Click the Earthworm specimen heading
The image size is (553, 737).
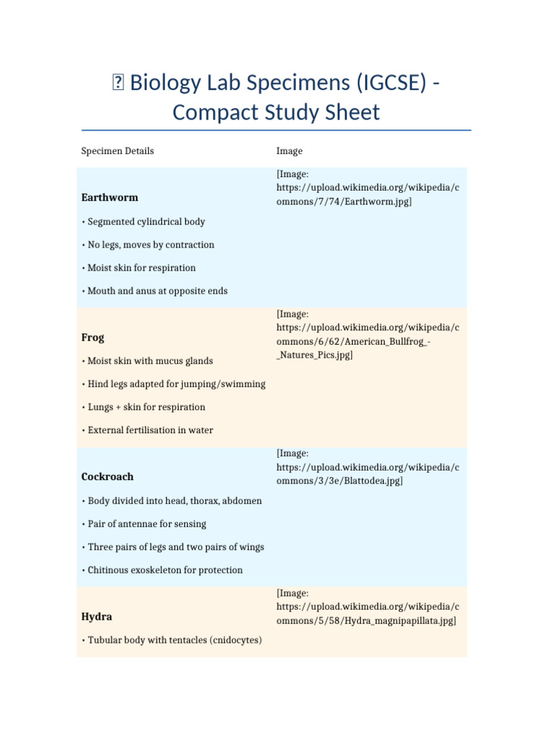click(109, 197)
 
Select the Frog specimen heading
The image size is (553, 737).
click(93, 338)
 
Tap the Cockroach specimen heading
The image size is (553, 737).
click(107, 476)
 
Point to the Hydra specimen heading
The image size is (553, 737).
click(96, 617)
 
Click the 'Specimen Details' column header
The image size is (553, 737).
click(117, 151)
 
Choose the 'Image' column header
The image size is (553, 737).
click(289, 151)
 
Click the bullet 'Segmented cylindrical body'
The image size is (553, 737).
click(146, 222)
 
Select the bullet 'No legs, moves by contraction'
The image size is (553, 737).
click(150, 245)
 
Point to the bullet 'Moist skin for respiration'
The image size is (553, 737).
click(141, 268)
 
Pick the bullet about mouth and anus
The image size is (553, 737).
click(157, 291)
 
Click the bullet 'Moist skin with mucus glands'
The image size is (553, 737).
click(150, 361)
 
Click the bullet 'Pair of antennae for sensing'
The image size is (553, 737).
click(147, 524)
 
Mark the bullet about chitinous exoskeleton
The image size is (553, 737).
click(165, 570)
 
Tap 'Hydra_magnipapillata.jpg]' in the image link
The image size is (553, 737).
click(400, 620)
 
